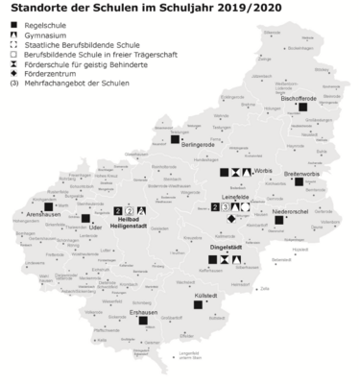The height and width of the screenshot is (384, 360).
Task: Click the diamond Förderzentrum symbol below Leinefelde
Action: coord(230,218)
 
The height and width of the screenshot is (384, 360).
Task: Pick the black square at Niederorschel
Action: coord(278,220)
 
